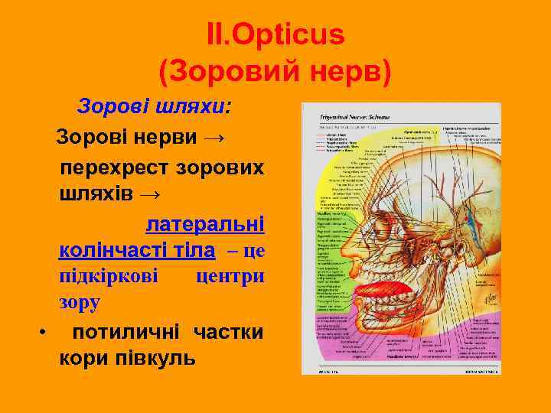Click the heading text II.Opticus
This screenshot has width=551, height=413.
[275, 34]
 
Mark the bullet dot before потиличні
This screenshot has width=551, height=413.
[43, 332]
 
